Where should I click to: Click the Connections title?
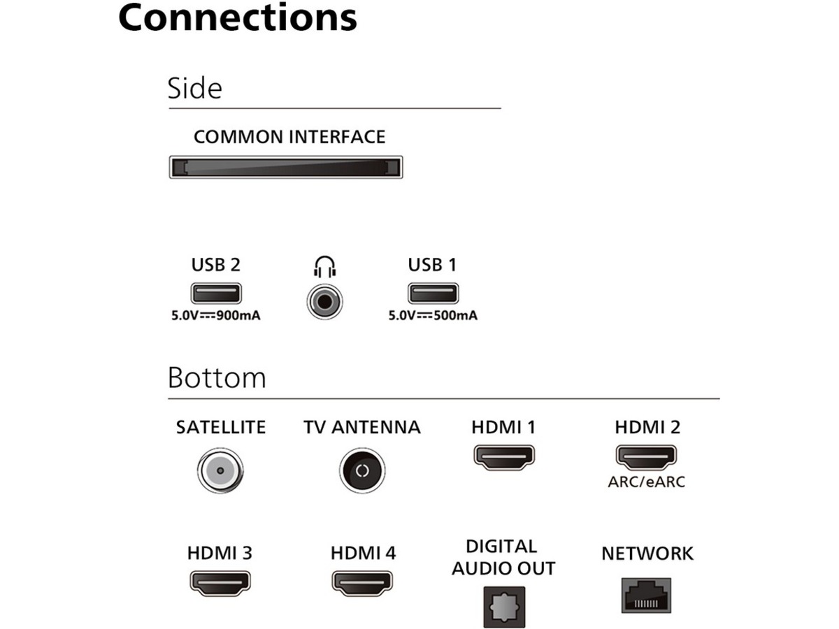tap(238, 18)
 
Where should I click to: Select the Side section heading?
tap(194, 89)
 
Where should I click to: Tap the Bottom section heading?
tap(217, 377)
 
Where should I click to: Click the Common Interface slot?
tap(285, 168)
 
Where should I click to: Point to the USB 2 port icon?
tap(216, 293)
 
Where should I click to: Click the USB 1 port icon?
tap(433, 293)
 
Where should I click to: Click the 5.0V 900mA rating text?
tap(216, 315)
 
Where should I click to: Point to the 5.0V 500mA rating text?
tap(433, 315)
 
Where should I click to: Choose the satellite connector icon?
tap(220, 470)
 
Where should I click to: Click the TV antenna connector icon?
tap(362, 470)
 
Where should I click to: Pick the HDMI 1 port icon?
tap(504, 456)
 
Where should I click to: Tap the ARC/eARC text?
tap(647, 482)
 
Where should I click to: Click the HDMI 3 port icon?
tap(220, 581)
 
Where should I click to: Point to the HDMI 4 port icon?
tap(362, 581)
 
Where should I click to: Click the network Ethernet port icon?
tap(647, 595)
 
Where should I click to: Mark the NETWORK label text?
tap(647, 554)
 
